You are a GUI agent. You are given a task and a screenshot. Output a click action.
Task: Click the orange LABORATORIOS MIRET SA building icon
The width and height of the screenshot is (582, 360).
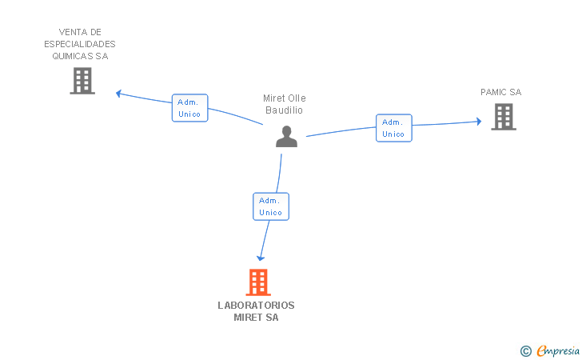tap(257, 282)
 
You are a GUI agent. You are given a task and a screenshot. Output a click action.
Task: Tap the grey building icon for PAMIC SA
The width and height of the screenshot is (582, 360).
tap(503, 117)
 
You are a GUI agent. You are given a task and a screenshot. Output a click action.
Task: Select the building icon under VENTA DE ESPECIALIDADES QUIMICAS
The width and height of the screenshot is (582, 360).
tap(82, 81)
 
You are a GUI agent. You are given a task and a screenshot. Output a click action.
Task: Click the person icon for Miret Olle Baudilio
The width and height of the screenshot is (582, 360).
tap(286, 137)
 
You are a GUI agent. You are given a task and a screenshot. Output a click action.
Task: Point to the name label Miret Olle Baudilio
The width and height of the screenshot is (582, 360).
tap(285, 104)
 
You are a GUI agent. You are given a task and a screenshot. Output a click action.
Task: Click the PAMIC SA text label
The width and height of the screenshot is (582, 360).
tap(500, 92)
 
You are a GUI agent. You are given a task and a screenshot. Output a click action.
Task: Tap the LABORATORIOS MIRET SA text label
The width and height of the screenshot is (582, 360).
tap(256, 311)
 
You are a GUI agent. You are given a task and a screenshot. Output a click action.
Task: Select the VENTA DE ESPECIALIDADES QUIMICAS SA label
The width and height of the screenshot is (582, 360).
tap(80, 44)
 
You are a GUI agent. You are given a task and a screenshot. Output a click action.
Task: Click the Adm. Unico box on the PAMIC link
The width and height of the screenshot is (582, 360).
tap(393, 128)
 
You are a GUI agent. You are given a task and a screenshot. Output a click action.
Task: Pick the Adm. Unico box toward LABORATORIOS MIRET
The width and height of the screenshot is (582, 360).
tap(270, 206)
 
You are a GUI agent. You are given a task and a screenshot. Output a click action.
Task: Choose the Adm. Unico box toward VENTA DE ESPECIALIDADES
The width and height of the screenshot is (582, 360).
tap(189, 108)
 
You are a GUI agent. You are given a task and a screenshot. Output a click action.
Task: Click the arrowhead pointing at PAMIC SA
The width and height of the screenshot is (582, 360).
tap(478, 122)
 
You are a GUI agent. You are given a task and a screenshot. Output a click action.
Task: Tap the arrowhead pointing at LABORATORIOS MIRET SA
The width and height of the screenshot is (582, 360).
tap(260, 257)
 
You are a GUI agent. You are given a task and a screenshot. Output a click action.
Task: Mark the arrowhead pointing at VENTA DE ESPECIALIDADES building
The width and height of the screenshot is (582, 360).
tap(118, 94)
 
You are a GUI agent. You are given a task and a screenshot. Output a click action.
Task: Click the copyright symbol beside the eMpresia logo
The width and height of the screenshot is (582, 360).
tap(525, 350)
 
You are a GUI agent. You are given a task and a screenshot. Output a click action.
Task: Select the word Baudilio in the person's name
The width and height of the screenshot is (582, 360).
tap(285, 110)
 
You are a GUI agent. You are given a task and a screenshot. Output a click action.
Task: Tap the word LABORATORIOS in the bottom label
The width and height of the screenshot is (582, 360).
tap(256, 306)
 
